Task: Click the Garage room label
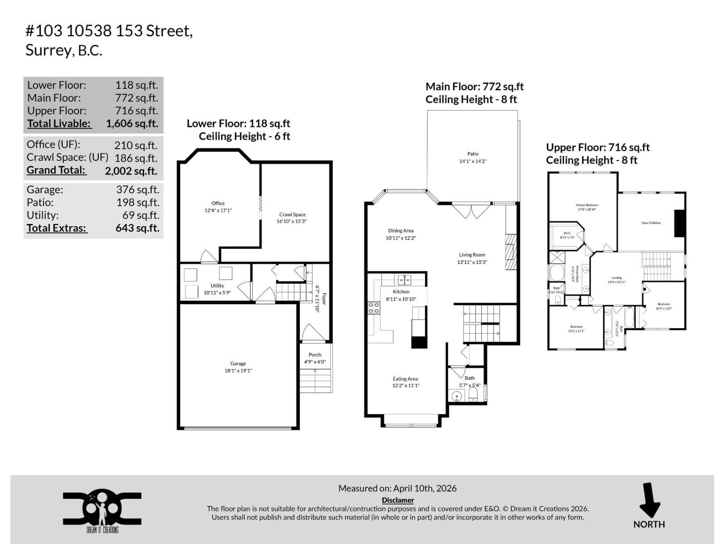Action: (x=238, y=364)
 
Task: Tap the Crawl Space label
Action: (x=292, y=214)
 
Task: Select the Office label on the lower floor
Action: (x=218, y=203)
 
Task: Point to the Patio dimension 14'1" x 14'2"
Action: (x=473, y=161)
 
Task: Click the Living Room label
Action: (x=472, y=255)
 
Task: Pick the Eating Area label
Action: (x=405, y=379)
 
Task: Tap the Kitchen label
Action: (x=401, y=291)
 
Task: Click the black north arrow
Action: (x=649, y=500)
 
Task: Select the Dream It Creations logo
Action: (x=102, y=510)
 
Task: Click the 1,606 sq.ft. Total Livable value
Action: (x=132, y=124)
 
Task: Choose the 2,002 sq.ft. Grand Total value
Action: (x=131, y=171)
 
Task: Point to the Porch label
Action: (x=315, y=355)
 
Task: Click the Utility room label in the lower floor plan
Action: (x=217, y=286)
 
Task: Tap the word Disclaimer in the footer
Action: (x=398, y=500)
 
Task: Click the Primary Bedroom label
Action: (x=587, y=205)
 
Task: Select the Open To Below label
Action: (x=651, y=223)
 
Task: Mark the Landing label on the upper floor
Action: (x=616, y=278)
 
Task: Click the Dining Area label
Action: (x=401, y=231)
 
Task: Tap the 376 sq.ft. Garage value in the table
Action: (x=137, y=190)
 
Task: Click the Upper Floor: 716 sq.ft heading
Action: (x=598, y=147)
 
